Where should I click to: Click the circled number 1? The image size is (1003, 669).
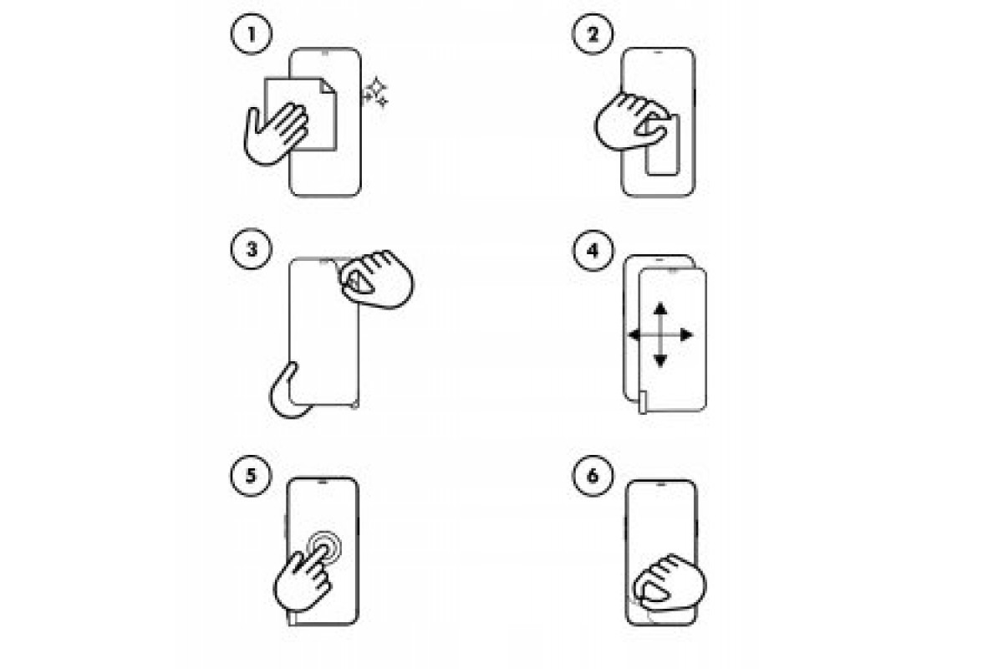point(252,34)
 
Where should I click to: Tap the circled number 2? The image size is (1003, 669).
point(593,34)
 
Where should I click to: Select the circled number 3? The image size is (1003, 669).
point(252,249)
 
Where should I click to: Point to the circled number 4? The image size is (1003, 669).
point(593,251)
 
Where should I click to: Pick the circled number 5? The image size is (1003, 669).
point(251,476)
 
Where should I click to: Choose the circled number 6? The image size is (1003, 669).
point(593,476)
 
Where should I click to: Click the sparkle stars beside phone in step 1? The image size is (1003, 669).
point(375,93)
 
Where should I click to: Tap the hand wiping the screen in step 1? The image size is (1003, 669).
point(274,135)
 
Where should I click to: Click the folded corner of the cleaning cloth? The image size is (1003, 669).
point(328,86)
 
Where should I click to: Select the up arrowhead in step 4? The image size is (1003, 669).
point(660,309)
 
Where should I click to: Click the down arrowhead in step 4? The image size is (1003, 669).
point(660,360)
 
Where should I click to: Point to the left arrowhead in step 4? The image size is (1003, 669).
point(634,334)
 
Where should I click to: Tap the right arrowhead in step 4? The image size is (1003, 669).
point(686,334)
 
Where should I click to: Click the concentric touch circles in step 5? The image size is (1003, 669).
point(324,546)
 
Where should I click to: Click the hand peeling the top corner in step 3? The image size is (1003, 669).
point(377,279)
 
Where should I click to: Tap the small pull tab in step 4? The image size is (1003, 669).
point(643,402)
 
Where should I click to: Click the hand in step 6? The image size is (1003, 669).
point(670,584)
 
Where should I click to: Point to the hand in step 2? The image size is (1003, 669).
point(631,122)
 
